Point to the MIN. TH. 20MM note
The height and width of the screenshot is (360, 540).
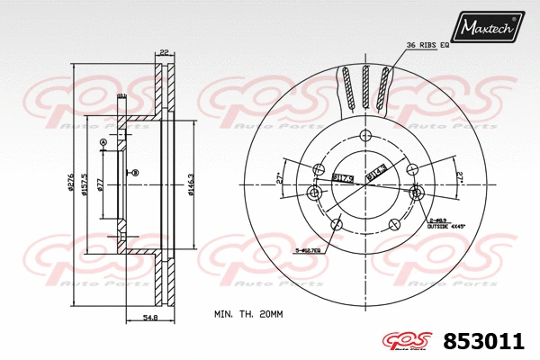pos(247,314)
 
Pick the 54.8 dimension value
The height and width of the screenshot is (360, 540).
pos(151,316)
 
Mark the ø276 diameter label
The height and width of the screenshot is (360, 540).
pos(71,182)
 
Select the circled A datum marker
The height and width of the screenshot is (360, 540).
pos(103,143)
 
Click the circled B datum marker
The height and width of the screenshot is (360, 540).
pos(135,172)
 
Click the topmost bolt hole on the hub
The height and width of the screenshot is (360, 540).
pos(364,136)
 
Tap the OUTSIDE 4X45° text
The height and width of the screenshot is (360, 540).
pos(446,226)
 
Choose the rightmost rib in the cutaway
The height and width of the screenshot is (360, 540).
pos(384,88)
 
